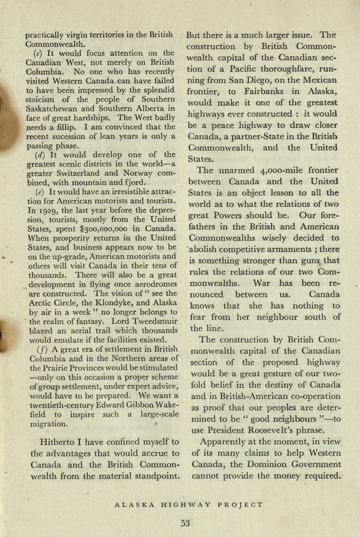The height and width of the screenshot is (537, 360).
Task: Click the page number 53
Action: point(185,523)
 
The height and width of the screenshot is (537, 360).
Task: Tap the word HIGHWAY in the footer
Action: point(186,505)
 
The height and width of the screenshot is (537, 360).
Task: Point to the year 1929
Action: point(47,210)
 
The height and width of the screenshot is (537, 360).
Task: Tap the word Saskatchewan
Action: point(53,109)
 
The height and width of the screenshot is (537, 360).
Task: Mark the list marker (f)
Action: point(42,350)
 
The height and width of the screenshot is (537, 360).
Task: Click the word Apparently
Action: point(221,442)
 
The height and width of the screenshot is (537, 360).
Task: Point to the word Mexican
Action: point(320,80)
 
